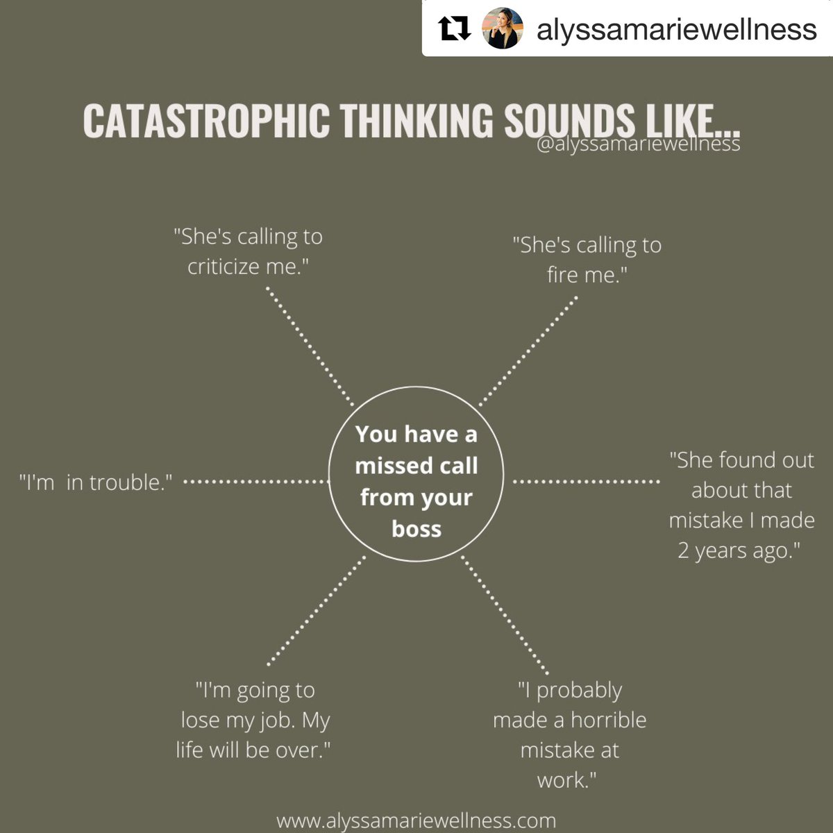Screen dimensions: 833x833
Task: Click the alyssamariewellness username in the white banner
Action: point(676,29)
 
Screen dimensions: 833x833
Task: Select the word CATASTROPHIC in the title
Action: point(205,121)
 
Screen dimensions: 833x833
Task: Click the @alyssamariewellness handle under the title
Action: point(638,145)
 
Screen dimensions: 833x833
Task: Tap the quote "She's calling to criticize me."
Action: point(248,251)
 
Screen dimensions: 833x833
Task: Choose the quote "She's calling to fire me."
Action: point(587,260)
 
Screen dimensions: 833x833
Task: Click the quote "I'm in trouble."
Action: point(95,482)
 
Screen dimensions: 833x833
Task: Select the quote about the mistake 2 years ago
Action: point(741,505)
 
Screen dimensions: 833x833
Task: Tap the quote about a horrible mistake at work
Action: point(569,734)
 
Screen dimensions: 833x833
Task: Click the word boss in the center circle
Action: point(416,529)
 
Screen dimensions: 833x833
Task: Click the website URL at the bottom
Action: point(416,821)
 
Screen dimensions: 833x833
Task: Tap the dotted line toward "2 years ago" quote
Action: point(587,481)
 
